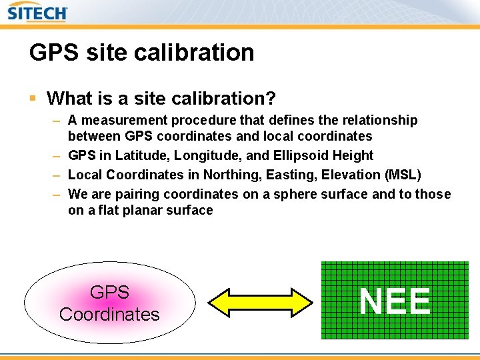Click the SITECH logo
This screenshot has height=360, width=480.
tap(38, 13)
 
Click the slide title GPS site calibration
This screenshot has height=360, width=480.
tap(141, 53)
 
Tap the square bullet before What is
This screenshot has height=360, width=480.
tap(33, 99)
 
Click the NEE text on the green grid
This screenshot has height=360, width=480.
tap(395, 301)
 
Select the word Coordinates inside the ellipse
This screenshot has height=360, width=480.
tap(109, 314)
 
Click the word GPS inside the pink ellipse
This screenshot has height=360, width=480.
tap(109, 293)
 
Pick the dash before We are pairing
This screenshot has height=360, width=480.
tap(57, 194)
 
